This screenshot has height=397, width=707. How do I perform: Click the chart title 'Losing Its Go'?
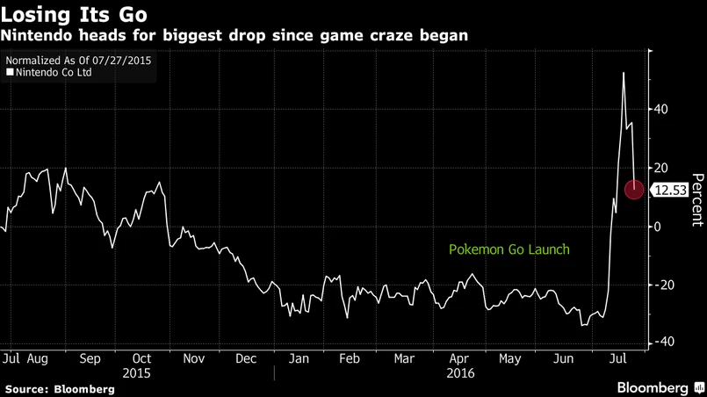[74, 15]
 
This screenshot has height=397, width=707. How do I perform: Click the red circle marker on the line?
[634, 189]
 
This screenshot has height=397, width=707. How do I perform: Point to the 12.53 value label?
[675, 190]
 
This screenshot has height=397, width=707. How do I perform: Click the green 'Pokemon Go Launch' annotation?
[509, 249]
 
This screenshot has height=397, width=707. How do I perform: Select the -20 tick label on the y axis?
[665, 285]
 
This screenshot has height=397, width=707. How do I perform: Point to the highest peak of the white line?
[624, 73]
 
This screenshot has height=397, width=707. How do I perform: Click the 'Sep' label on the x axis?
[90, 359]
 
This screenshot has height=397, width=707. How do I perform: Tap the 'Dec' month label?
[246, 359]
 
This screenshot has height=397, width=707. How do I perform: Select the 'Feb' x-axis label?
[350, 359]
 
